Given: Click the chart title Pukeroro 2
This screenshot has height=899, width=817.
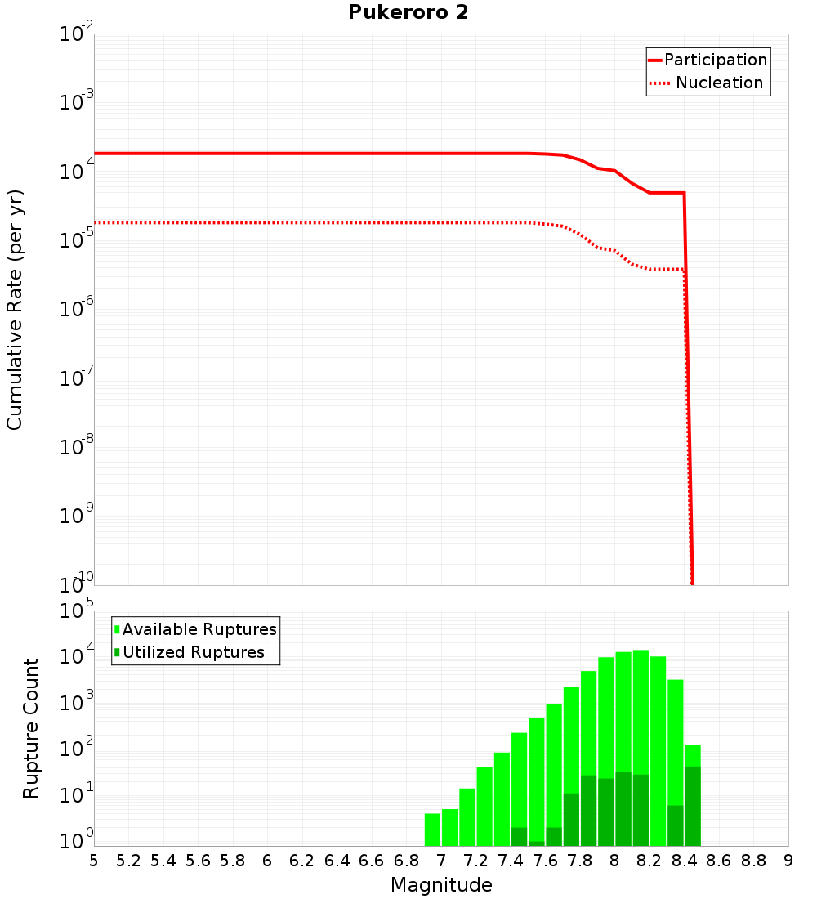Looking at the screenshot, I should pyautogui.click(x=408, y=13).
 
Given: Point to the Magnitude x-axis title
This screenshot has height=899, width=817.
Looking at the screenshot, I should pyautogui.click(x=441, y=885).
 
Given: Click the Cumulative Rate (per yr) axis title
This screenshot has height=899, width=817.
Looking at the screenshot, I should pyautogui.click(x=15, y=309).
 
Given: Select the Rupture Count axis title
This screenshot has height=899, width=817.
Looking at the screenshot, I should pyautogui.click(x=31, y=727).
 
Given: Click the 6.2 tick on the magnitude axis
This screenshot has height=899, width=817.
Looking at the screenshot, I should pyautogui.click(x=302, y=861).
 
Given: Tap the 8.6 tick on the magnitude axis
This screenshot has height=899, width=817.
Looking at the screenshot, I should pyautogui.click(x=719, y=861).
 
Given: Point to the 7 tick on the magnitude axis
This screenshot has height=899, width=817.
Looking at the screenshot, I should pyautogui.click(x=441, y=861).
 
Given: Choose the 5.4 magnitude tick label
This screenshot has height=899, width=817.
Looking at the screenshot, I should pyautogui.click(x=163, y=861).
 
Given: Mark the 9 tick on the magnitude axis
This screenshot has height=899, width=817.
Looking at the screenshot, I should pyautogui.click(x=788, y=861).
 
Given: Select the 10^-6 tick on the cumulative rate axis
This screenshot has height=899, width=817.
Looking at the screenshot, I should pyautogui.click(x=77, y=310).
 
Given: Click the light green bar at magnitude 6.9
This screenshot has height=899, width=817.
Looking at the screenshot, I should pyautogui.click(x=432, y=830).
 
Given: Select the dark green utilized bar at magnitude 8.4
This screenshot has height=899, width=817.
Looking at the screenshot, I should pyautogui.click(x=693, y=806).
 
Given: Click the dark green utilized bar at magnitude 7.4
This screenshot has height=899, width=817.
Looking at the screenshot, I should pyautogui.click(x=519, y=837).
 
